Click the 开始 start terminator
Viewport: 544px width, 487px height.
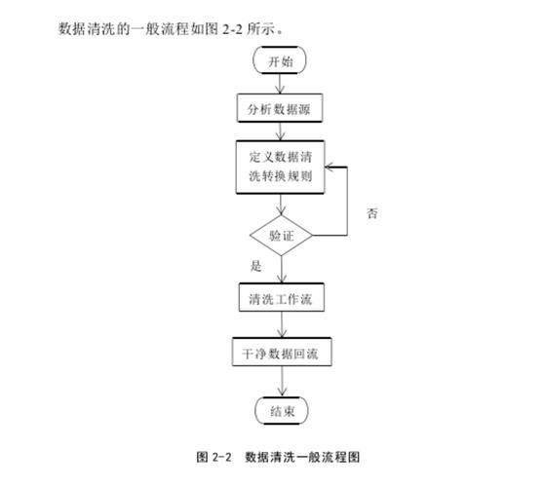point(281,60)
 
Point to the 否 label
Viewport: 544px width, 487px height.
point(372,212)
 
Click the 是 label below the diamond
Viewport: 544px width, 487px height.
point(256,266)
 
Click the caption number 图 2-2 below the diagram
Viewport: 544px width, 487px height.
point(217,456)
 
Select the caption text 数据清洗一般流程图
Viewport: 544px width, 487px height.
point(305,456)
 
